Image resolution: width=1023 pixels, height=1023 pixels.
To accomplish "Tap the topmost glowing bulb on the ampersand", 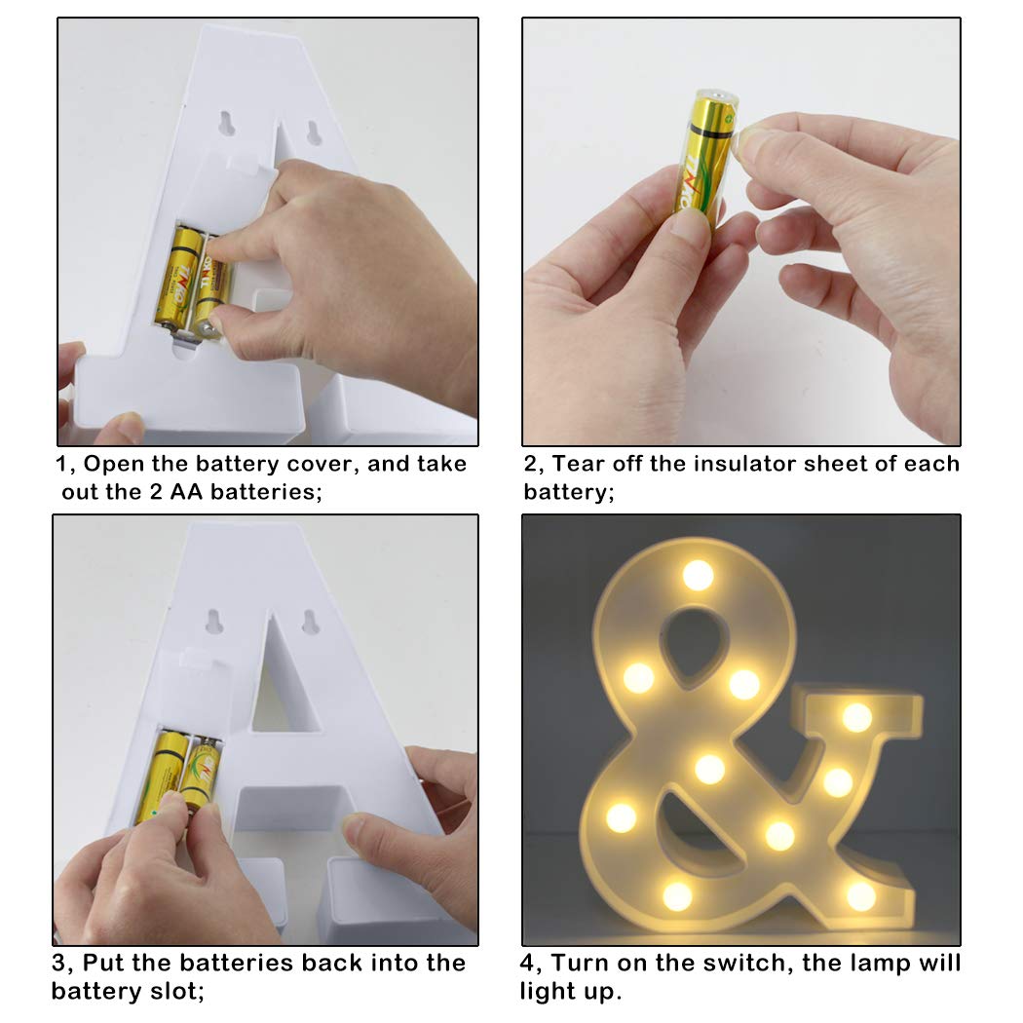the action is (698, 575).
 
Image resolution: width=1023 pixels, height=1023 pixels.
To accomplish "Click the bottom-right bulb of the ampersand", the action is (861, 895).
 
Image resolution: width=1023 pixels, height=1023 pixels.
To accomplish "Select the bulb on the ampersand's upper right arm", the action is (856, 718).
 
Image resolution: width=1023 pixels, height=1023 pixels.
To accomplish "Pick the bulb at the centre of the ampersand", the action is (710, 769).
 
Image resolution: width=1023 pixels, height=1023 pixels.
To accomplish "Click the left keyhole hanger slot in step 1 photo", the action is (226, 123).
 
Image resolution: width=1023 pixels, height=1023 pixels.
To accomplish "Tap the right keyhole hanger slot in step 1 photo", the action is (314, 133).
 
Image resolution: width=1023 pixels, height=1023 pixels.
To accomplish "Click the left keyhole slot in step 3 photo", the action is (214, 621).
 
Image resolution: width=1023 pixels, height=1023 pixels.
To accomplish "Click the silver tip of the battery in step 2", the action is (720, 95).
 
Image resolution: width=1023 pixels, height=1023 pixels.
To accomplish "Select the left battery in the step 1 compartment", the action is (175, 277).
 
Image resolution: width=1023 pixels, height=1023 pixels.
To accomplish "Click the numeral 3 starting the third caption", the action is (58, 963).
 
